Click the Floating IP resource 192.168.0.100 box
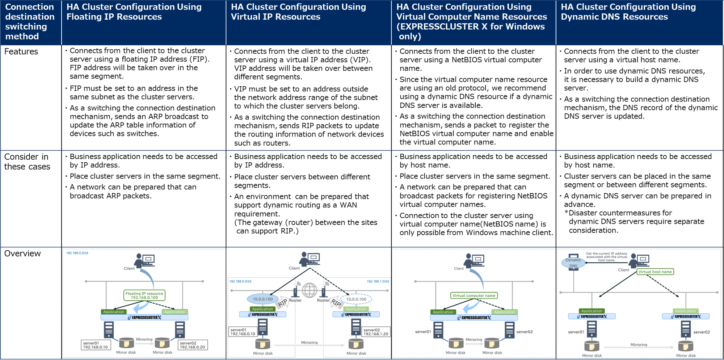pos(144,296)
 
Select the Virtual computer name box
pos(473,296)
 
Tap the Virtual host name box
pos(655,272)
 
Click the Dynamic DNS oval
pos(573,263)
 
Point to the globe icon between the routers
pos(310,290)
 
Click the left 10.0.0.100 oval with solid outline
pos(263,299)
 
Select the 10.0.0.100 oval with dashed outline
pos(356,299)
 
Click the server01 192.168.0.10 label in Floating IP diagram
pos(96,345)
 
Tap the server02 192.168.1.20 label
pos(376,332)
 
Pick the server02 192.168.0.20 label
pos(193,345)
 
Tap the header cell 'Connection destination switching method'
pos(30,22)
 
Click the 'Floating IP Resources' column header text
pos(114,17)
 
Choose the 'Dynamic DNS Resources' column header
pos(614,17)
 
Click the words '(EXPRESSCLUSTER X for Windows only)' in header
pos(470,32)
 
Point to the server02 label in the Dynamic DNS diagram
pos(702,332)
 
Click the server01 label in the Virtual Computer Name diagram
pos(423,332)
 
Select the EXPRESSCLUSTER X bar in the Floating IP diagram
pos(144,318)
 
